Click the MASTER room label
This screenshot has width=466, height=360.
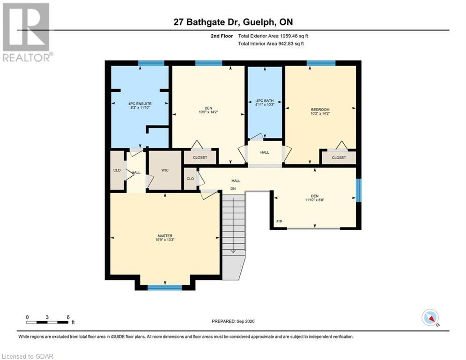pyautogui.click(x=165, y=236)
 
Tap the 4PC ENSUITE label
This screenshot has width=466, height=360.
pyautogui.click(x=140, y=104)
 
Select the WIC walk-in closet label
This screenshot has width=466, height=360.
pyautogui.click(x=165, y=170)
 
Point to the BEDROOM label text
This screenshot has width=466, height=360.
pyautogui.click(x=320, y=110)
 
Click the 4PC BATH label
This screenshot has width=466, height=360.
pyautogui.click(x=265, y=101)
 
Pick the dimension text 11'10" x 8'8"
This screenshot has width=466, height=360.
pyautogui.click(x=315, y=200)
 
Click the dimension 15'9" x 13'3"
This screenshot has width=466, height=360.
pyautogui.click(x=165, y=240)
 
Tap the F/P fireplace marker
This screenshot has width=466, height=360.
pyautogui.click(x=279, y=222)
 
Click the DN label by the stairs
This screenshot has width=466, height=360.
pyautogui.click(x=233, y=188)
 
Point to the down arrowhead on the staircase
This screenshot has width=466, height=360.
pyautogui.click(x=233, y=251)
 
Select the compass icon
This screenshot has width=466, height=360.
pyautogui.click(x=430, y=317)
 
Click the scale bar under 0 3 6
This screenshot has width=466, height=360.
pyautogui.click(x=48, y=322)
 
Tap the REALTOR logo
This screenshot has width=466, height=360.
pyautogui.click(x=26, y=32)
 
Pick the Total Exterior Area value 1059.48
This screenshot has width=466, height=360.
pyautogui.click(x=288, y=36)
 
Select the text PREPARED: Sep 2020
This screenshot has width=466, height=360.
pyautogui.click(x=233, y=321)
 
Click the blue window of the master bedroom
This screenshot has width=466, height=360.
pyautogui.click(x=165, y=287)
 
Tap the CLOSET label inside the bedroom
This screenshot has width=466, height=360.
pyautogui.click(x=339, y=157)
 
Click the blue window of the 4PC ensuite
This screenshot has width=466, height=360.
pyautogui.click(x=151, y=63)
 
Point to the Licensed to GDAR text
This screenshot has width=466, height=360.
pyautogui.click(x=28, y=356)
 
